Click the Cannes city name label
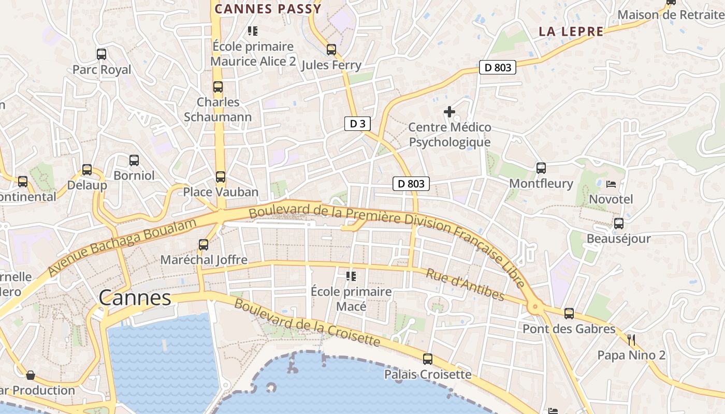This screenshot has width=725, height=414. [x=135, y=298]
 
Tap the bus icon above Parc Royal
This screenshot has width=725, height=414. [x=102, y=54]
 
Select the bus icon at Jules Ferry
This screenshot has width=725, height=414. [x=331, y=50]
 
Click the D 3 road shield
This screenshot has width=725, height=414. [x=357, y=124]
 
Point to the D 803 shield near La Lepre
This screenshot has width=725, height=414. [x=497, y=67]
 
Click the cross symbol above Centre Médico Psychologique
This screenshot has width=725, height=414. [x=450, y=111]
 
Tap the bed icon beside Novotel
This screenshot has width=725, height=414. [x=611, y=184]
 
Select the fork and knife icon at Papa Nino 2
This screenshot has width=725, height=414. [x=631, y=340]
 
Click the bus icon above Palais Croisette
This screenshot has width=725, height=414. [x=428, y=359]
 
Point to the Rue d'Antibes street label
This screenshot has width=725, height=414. [x=465, y=284]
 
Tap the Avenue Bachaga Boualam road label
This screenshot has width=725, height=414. [x=123, y=247]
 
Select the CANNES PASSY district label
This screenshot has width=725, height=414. [x=268, y=9]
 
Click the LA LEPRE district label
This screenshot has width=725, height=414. [x=571, y=32]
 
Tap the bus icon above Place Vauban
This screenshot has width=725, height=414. [x=221, y=177]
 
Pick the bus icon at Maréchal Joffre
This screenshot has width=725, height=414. [x=204, y=244]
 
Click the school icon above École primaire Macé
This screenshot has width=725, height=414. [x=352, y=276]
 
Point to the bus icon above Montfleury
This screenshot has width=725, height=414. [x=541, y=168]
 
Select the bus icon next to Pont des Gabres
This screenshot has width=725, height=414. [x=569, y=314]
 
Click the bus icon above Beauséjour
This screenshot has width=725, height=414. [x=619, y=224]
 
